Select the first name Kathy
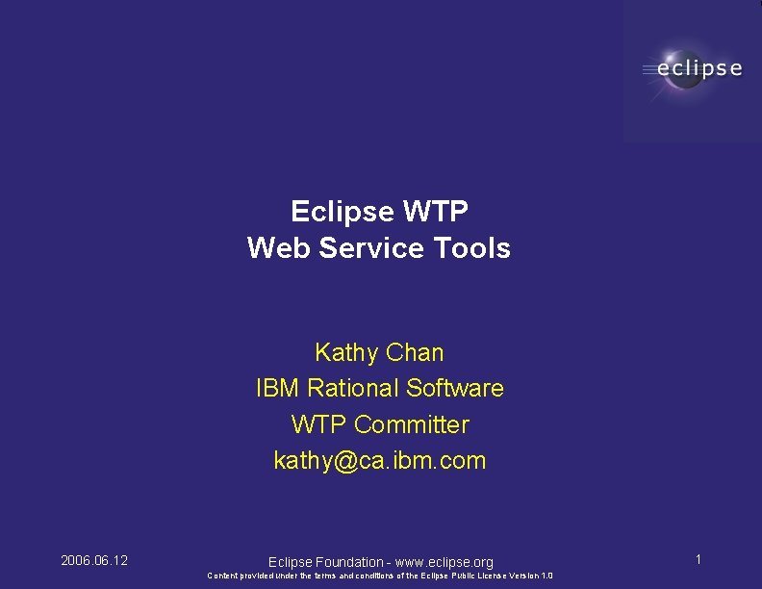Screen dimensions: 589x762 (344, 352)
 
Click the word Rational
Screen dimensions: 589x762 (352, 388)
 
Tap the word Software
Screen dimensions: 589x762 (455, 388)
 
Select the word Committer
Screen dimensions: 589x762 (412, 424)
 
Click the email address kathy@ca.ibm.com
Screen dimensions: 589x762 (380, 461)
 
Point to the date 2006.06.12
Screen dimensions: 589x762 (94, 560)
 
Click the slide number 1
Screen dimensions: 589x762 (698, 559)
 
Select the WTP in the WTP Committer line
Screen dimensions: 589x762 (318, 424)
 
